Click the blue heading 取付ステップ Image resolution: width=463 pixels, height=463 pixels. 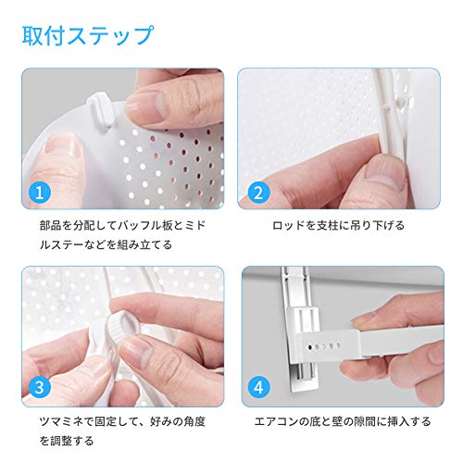point(88,36)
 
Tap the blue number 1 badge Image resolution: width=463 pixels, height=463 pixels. point(40,193)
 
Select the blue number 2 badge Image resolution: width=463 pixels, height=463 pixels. point(258,193)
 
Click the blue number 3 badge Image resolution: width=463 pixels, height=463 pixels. point(40,387)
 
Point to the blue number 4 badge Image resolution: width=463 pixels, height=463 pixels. point(258,387)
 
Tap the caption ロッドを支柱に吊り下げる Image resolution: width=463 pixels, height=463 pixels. point(338,226)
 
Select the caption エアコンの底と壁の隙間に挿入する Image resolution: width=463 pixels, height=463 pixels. point(343,421)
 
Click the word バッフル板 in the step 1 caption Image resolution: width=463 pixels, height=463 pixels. point(145,226)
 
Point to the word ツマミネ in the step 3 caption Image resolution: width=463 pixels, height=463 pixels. point(61,421)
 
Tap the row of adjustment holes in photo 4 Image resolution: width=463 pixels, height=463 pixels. point(324,346)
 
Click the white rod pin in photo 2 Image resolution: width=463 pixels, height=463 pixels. point(402,103)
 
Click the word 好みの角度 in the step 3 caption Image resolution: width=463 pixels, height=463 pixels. point(178,421)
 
